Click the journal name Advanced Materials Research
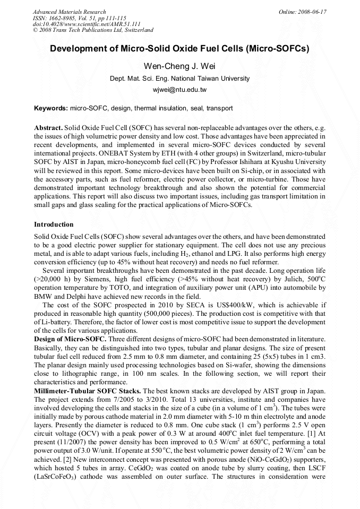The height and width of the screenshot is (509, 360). (69, 11)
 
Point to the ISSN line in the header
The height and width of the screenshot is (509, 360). (79, 18)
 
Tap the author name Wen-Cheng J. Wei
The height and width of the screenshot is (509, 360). (179, 66)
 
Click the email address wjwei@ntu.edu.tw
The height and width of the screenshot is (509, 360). (179, 90)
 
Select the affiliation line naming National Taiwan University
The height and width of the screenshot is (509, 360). (179, 78)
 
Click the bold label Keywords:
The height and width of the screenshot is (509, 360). (50, 108)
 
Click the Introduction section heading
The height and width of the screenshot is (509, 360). (54, 225)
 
